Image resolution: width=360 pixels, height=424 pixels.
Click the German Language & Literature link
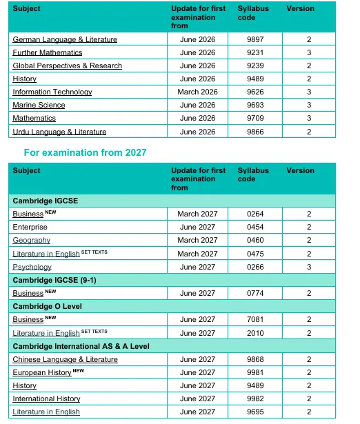click(65, 39)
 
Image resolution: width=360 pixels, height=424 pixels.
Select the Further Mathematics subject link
click(47, 52)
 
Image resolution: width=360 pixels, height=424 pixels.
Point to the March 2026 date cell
click(198, 92)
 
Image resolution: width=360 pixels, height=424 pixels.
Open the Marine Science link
click(39, 105)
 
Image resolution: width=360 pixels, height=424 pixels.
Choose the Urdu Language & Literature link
click(59, 132)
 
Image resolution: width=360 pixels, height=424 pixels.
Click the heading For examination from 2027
click(85, 152)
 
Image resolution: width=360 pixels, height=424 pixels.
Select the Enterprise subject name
click(30, 227)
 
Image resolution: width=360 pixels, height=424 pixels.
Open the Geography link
click(31, 240)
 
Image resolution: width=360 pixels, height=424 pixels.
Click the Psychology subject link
click(32, 267)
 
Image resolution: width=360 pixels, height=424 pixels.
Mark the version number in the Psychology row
click(310, 267)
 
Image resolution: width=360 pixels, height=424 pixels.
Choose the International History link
click(46, 398)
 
